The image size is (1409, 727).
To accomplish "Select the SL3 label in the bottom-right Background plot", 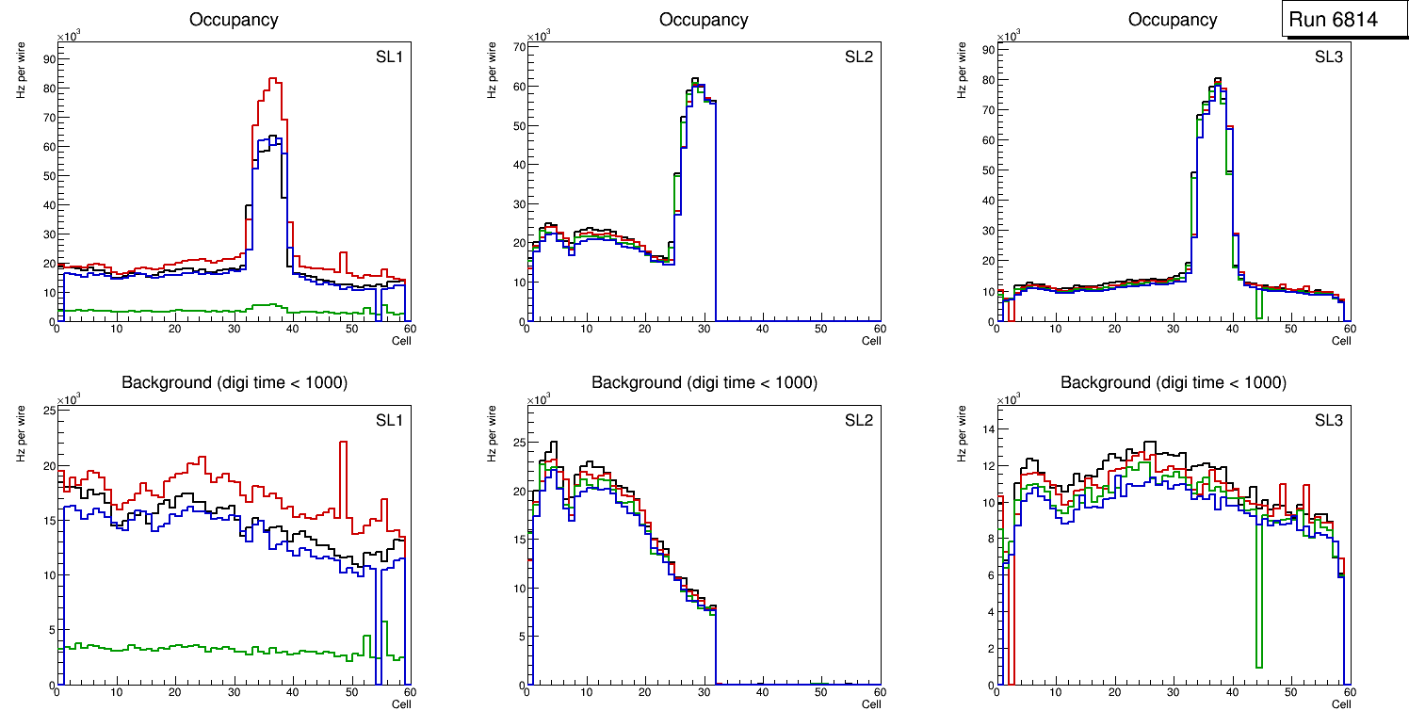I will tap(1329, 419).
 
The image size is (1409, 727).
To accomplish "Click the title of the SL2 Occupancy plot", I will tap(704, 20).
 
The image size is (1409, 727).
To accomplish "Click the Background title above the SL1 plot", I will tap(234, 382).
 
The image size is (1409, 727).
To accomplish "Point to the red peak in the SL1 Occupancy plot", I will tap(272, 79).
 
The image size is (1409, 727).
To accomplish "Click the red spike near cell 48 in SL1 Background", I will tap(343, 442).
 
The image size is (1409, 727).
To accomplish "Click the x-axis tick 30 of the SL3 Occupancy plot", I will tap(1173, 330).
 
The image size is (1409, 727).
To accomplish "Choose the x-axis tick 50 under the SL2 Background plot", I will tap(820, 693).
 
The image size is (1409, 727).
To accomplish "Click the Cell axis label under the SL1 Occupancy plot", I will tap(401, 341).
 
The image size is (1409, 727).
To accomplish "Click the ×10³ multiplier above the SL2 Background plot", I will tap(538, 399).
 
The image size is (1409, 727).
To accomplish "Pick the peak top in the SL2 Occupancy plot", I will tap(694, 79).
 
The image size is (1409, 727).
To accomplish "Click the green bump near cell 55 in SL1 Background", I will tap(384, 622).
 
